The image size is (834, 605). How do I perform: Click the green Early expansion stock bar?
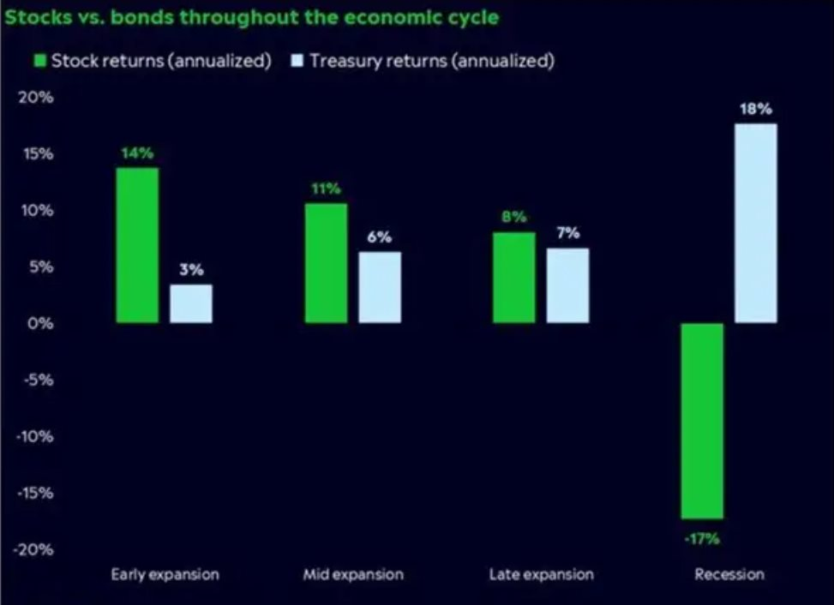137,245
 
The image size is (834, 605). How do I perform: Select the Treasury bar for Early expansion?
191,303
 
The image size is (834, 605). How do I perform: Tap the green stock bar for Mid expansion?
326,263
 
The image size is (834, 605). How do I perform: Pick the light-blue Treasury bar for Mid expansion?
380,287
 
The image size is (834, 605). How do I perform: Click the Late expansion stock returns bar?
514,278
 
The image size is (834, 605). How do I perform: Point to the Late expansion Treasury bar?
567,285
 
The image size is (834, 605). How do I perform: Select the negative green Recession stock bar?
702,421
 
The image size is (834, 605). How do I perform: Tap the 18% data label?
756,110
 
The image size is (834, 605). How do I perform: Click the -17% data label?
701,539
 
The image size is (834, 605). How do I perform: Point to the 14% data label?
137,153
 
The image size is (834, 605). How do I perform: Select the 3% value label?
191,270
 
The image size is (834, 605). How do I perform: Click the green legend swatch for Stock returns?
39,61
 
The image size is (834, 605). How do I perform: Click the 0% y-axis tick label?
40,323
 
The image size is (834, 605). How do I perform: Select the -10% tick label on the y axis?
37,436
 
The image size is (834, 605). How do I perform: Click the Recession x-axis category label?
729,574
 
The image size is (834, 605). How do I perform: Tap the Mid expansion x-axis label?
352,574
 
